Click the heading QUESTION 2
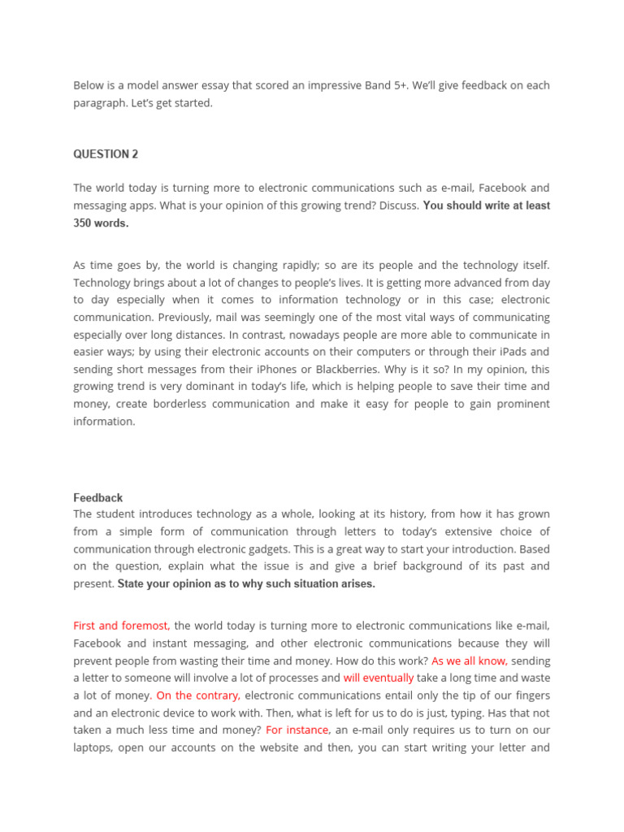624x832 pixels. coord(101,154)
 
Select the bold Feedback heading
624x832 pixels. coord(97,497)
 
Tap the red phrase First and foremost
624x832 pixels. coord(121,626)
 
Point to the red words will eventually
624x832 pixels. coord(379,678)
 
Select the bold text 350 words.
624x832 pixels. coord(101,223)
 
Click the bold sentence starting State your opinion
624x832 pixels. coord(246,584)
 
